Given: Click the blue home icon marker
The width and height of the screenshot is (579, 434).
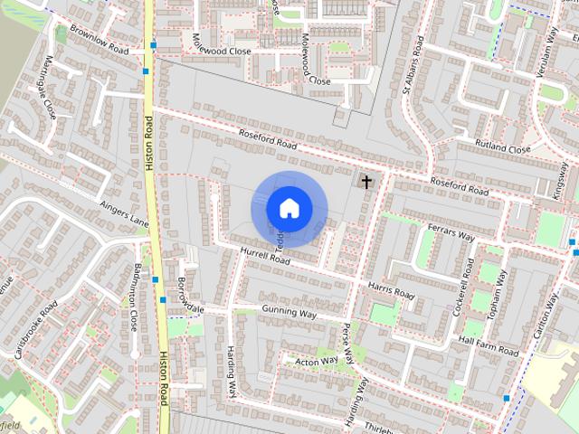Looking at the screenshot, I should [289, 208].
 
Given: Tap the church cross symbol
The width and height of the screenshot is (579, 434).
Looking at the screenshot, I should [366, 182].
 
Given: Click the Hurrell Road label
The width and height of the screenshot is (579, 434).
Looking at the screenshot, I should [264, 256].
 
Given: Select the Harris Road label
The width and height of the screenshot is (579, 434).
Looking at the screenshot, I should [391, 290].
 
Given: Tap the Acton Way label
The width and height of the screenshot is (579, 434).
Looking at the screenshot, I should [317, 361].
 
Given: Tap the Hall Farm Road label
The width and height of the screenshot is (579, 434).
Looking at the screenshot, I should [489, 344].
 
